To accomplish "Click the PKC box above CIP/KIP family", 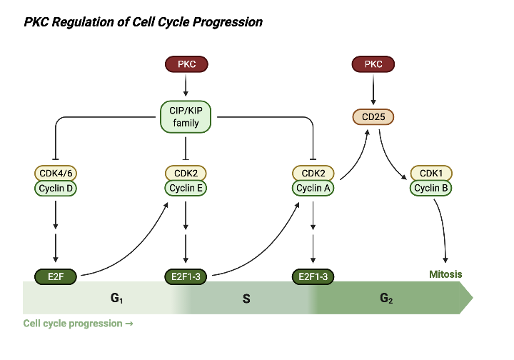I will tap(186, 65).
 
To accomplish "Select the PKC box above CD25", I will tap(373, 65).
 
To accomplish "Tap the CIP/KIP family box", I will tap(186, 116).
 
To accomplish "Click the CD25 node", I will tap(373, 116).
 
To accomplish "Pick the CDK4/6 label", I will tap(56, 173).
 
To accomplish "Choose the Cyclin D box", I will tap(56, 189).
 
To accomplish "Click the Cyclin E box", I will tap(186, 189).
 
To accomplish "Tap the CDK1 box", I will tap(431, 173).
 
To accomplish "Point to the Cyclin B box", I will tap(431, 189).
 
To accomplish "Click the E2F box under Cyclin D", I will tap(56, 276).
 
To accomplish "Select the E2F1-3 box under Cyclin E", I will tap(186, 276).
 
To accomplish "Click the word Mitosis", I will tap(445, 274).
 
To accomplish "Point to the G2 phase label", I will tap(386, 298).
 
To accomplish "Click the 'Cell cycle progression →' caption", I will tap(78, 324).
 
